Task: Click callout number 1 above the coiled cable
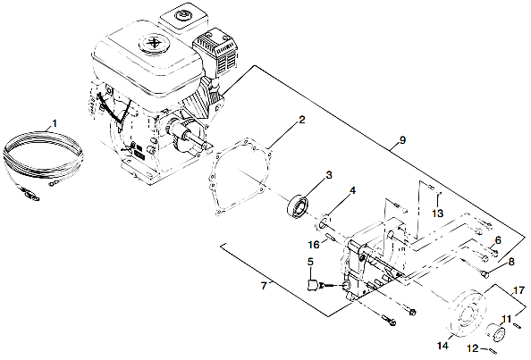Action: click(55, 121)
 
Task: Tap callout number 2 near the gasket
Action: click(302, 120)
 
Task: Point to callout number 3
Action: click(329, 174)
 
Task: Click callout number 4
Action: click(353, 190)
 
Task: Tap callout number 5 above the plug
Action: click(310, 262)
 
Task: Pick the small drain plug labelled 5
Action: click(314, 286)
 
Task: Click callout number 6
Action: click(498, 241)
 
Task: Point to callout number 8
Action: click(511, 262)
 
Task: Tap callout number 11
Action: click(505, 319)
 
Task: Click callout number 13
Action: click(437, 213)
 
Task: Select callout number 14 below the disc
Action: click(442, 344)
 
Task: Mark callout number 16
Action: click(315, 243)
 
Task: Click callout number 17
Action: click(520, 289)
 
